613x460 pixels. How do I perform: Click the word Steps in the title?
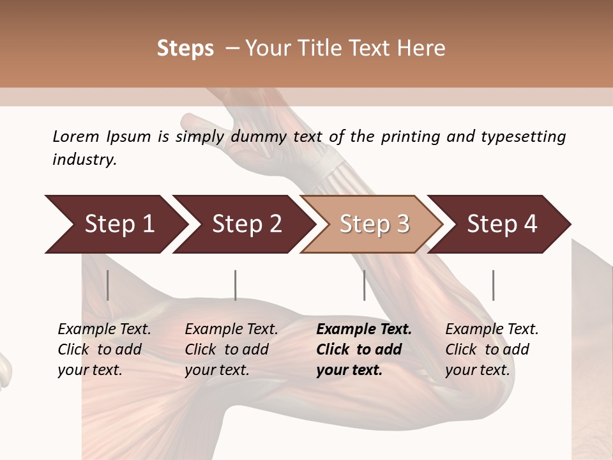(x=185, y=49)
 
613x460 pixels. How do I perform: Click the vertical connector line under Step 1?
(x=108, y=285)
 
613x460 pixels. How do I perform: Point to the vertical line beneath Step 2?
(x=236, y=285)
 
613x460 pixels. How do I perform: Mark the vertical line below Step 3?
(x=365, y=285)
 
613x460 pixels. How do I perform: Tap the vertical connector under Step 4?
(x=493, y=285)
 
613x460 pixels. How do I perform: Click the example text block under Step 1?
(x=104, y=349)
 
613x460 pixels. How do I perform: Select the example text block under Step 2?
(x=231, y=349)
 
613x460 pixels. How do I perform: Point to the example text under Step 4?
(x=492, y=349)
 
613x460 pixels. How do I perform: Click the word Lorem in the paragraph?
(x=76, y=137)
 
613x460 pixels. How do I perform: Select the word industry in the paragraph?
(x=83, y=160)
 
